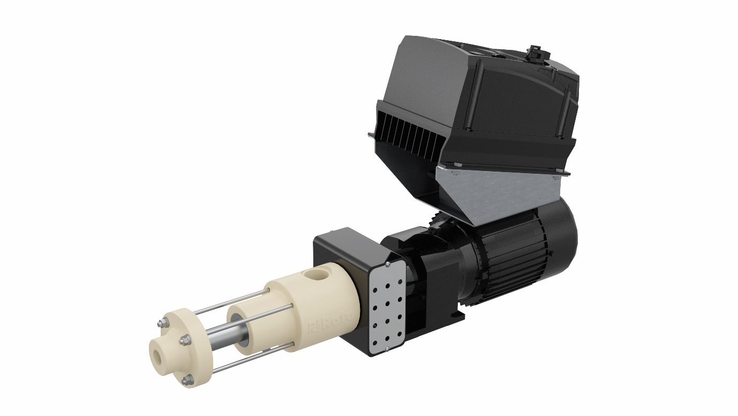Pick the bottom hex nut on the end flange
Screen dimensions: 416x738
pyautogui.click(x=187, y=380)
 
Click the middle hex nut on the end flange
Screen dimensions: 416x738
pyautogui.click(x=184, y=339)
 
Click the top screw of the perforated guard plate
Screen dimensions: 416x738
pyautogui.click(x=387, y=265)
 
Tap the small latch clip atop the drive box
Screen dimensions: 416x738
pyautogui.click(x=533, y=53)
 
